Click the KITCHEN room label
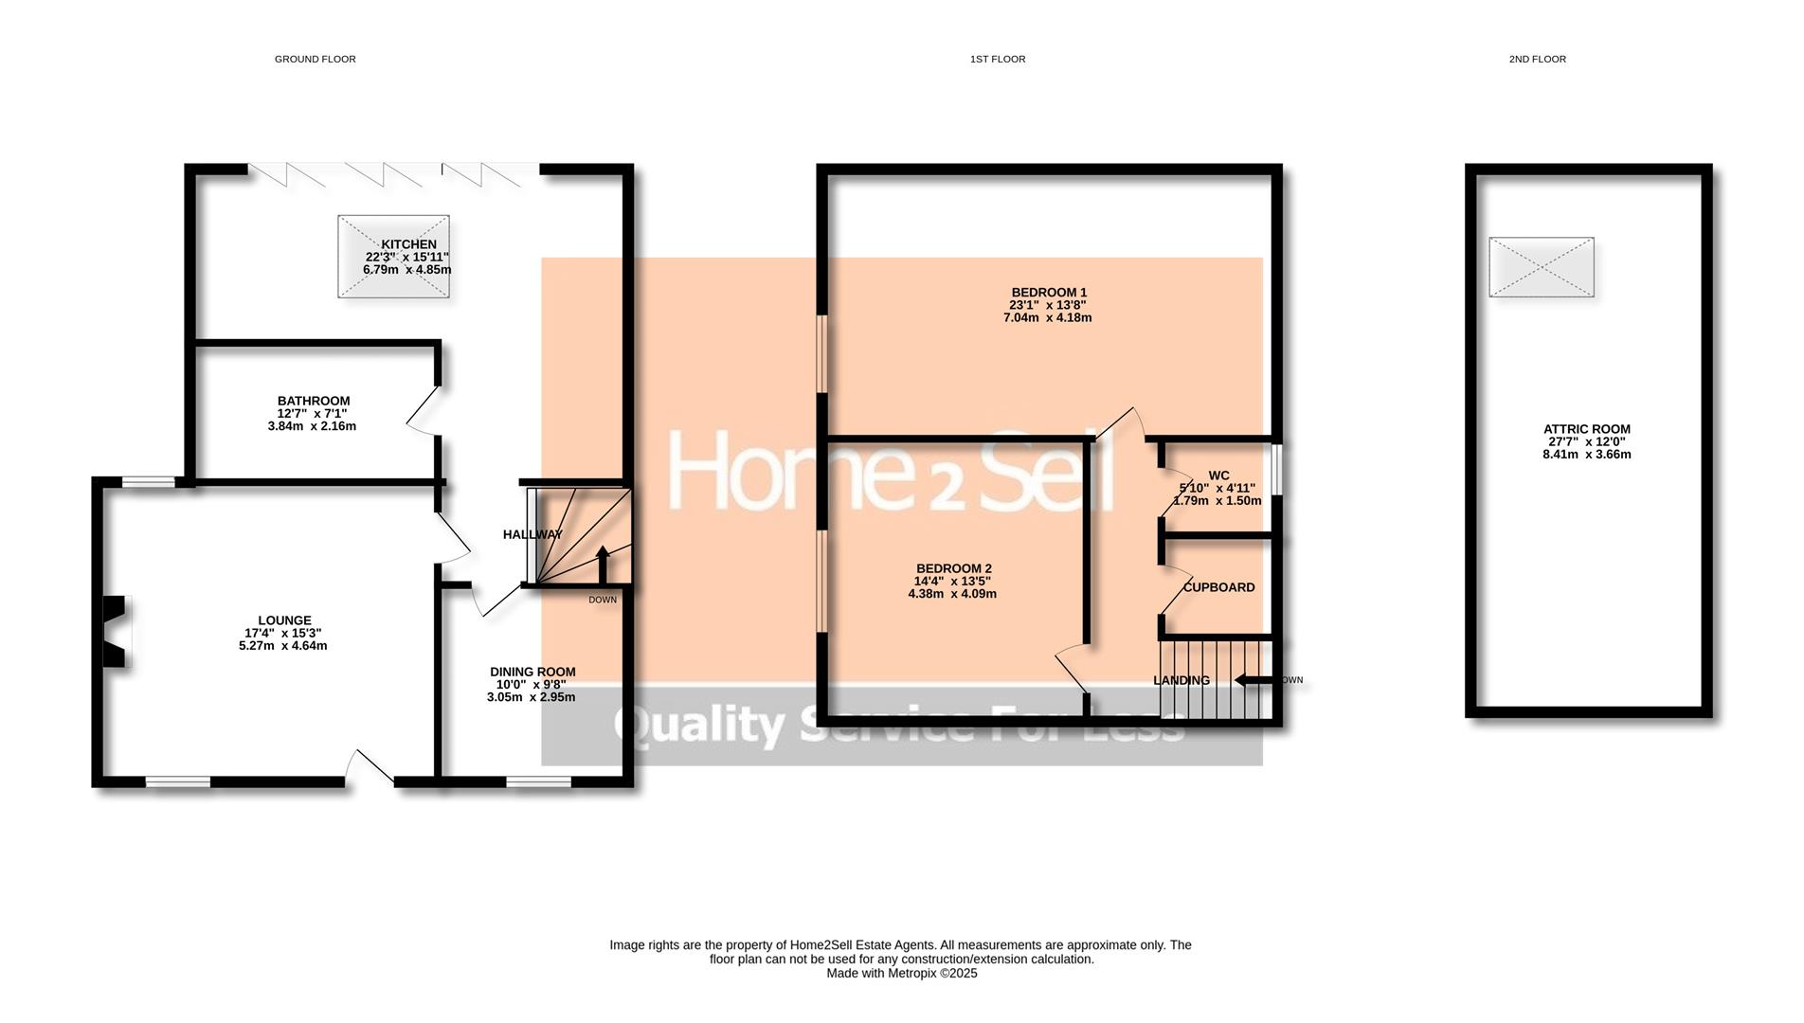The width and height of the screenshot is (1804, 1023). tap(408, 244)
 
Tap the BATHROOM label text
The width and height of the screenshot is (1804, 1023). tap(314, 401)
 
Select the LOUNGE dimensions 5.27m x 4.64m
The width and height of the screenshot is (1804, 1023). tap(282, 646)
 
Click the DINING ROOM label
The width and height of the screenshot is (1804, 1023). tap(532, 672)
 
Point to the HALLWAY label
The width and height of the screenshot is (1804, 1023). tap(532, 534)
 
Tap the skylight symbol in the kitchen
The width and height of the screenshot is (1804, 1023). tap(393, 257)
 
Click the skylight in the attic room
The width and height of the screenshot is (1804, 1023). tap(1541, 267)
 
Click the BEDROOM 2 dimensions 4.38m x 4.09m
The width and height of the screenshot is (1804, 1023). tap(952, 595)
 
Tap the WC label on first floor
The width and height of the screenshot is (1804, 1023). tap(1218, 476)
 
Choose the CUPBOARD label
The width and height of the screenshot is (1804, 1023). tap(1218, 587)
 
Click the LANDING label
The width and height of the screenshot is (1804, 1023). tap(1181, 680)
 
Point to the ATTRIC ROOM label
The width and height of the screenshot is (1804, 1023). tap(1586, 429)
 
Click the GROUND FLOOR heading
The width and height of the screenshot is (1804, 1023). tap(315, 59)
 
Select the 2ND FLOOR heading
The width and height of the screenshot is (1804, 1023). tap(1537, 59)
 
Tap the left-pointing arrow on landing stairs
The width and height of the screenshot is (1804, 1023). tap(1253, 680)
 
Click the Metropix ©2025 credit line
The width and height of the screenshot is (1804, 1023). tap(901, 973)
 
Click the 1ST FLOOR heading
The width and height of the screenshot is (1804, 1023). tap(997, 59)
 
